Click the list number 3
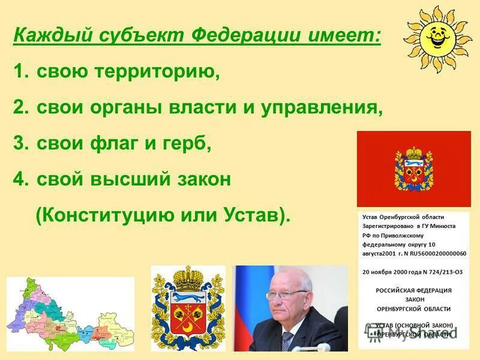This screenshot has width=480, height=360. pos(20,144)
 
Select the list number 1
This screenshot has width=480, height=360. pos(20,72)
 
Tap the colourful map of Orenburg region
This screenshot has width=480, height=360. pos(70,313)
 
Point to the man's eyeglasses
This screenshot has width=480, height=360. pos(283,295)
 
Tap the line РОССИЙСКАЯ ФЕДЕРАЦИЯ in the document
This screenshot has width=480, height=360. pos(413,290)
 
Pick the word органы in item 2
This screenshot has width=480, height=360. pos(126,108)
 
